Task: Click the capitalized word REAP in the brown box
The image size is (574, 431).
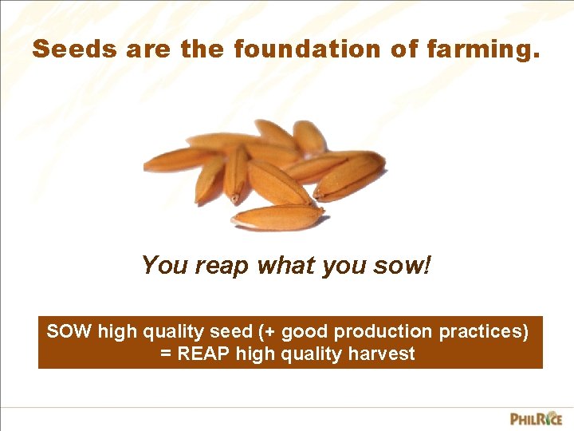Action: (204, 354)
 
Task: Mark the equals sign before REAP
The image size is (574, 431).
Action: (166, 354)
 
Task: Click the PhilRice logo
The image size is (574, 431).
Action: (536, 417)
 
